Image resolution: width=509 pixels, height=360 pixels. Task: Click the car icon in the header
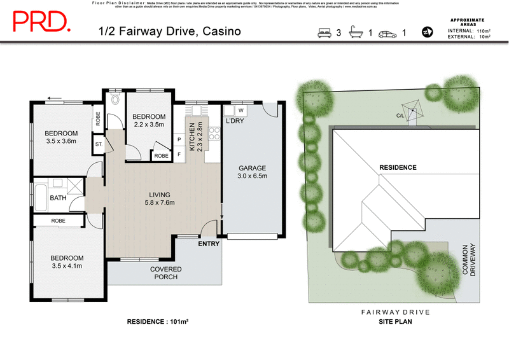pyautogui.click(x=387, y=32)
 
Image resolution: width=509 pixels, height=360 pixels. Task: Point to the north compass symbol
pyautogui.click(x=427, y=32)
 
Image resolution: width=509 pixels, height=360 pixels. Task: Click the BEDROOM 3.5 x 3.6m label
pyautogui.click(x=60, y=137)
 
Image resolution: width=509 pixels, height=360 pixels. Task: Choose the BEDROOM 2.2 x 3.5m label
pyautogui.click(x=149, y=120)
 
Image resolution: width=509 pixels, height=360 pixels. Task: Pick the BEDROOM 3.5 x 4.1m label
pyautogui.click(x=67, y=261)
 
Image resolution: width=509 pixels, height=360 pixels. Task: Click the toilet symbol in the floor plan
pyautogui.click(x=115, y=99)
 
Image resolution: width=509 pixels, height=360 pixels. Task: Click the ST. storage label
pyautogui.click(x=99, y=144)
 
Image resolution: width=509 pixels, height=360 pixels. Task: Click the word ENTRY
pyautogui.click(x=209, y=244)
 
